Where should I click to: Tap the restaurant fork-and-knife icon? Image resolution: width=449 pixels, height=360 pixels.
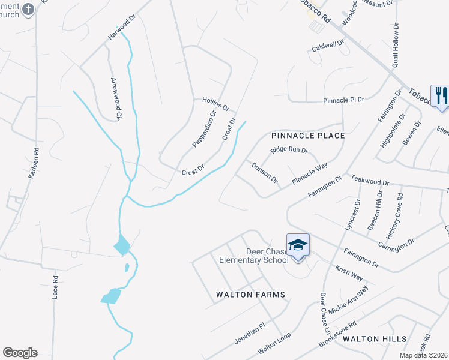tap(440, 95)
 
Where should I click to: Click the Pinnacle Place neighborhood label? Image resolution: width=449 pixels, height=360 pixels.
tap(308, 136)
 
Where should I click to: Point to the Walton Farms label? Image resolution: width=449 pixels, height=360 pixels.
tap(250, 295)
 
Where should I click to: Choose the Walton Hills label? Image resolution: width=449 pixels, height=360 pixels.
tap(375, 339)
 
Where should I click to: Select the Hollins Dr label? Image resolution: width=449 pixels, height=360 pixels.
tap(215, 104)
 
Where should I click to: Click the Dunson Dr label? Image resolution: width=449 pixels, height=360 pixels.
tap(264, 172)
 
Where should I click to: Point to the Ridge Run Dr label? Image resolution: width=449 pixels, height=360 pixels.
tap(289, 151)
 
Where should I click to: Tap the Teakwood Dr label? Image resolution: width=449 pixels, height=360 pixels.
tap(370, 181)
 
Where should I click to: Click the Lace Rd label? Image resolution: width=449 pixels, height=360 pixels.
tap(55, 287)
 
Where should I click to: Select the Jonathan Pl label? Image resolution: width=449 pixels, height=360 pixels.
tap(249, 334)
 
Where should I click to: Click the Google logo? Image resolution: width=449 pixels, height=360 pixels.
tap(20, 353)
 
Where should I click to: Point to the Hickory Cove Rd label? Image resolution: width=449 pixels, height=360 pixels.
tap(400, 212)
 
